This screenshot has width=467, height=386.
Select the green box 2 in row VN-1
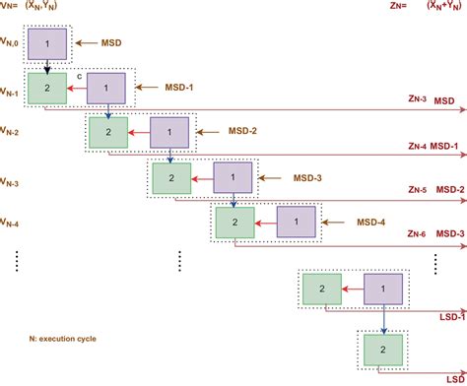tap(46, 89)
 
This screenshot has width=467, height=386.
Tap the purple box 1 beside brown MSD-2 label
tap(167, 132)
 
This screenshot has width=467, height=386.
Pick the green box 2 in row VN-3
tap(171, 178)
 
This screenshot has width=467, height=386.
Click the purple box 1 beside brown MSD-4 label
tap(296, 223)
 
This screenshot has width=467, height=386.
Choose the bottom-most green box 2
tap(378, 348)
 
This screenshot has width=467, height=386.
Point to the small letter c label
tap(78, 74)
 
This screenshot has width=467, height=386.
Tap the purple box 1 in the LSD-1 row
tap(378, 289)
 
